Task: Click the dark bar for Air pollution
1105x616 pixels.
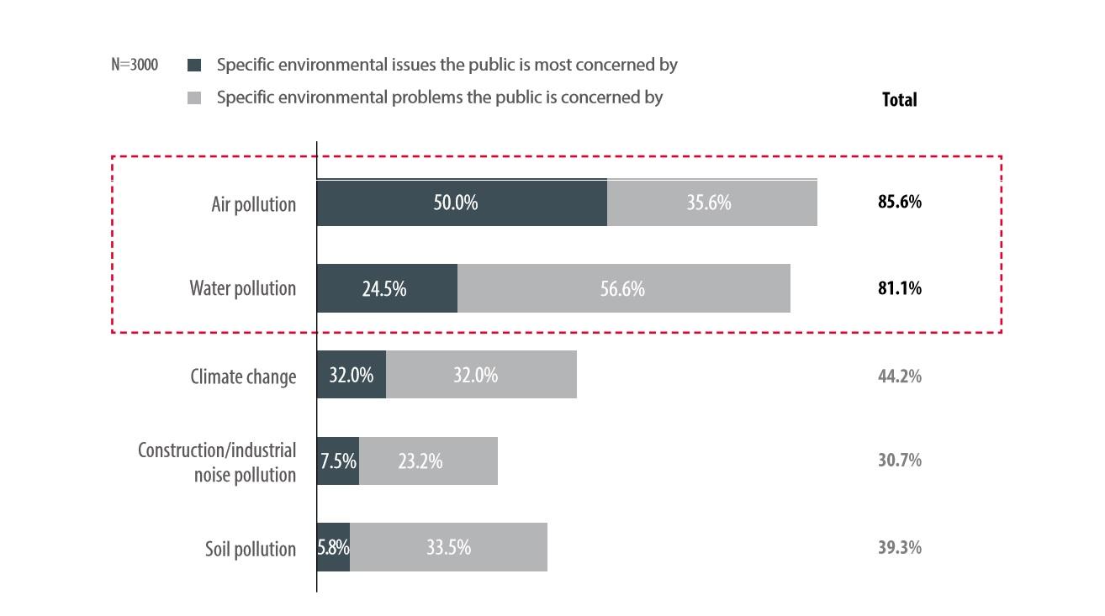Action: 462,203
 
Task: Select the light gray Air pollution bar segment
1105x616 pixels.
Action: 711,203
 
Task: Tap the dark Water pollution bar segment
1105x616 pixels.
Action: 387,288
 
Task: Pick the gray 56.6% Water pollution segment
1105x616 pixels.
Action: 623,288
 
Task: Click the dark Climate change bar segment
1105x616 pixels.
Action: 352,374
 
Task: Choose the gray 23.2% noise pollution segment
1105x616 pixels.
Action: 428,461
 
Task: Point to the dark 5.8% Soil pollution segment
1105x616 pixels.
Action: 333,547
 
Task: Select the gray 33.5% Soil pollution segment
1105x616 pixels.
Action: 448,547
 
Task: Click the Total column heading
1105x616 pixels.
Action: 899,99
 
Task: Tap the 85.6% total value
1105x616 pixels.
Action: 899,203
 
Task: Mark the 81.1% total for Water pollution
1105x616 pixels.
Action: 899,288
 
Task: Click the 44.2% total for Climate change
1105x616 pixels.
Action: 899,376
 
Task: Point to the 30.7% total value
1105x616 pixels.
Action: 899,461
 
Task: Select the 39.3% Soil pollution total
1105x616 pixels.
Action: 899,547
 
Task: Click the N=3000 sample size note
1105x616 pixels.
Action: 135,65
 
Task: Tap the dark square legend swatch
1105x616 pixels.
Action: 194,65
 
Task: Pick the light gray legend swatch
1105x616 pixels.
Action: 194,97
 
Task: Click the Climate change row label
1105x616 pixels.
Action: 243,376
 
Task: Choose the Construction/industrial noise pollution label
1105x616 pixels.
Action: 217,462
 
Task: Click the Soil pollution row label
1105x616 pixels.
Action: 251,549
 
